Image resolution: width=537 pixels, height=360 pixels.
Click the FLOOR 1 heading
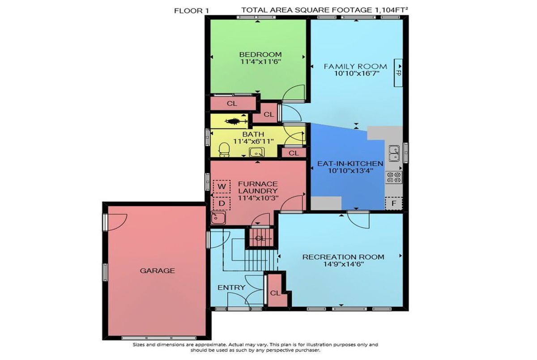click(192, 11)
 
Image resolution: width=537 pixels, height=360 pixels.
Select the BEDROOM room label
click(260, 55)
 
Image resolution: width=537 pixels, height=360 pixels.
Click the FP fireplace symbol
click(398, 72)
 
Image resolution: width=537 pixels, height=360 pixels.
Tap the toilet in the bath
click(224, 150)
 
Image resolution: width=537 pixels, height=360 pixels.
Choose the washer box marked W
click(222, 186)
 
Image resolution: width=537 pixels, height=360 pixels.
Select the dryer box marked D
click(222, 203)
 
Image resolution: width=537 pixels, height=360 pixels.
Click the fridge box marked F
click(394, 203)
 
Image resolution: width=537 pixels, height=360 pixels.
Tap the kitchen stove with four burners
click(394, 178)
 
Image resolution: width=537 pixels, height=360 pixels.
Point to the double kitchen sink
click(394, 153)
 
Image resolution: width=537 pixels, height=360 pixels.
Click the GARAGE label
click(157, 271)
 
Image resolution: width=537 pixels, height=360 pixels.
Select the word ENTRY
click(231, 288)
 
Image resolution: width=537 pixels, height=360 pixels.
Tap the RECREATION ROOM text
click(343, 257)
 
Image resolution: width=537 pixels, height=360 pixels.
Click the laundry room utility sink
click(218, 218)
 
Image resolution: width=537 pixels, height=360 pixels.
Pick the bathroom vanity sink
click(256, 152)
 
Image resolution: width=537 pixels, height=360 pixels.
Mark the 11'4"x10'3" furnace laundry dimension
click(258, 198)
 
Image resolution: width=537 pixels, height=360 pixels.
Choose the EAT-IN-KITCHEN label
click(350, 164)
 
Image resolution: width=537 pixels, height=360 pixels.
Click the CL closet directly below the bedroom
click(232, 103)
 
